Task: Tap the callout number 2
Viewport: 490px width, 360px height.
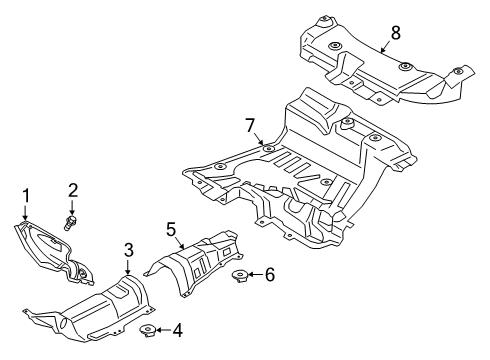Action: (x=72, y=190)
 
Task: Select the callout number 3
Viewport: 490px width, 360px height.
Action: (x=128, y=250)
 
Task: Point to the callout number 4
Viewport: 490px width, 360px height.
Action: (x=178, y=331)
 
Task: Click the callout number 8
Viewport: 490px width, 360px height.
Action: (x=395, y=32)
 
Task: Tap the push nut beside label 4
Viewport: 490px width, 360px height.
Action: (x=147, y=331)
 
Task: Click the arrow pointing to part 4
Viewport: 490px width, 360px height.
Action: (x=163, y=331)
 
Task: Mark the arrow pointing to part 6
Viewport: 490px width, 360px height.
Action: (x=255, y=273)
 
